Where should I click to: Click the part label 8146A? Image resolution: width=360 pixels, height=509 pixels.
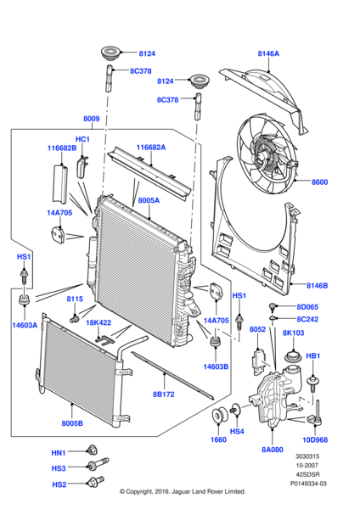pos(268,53)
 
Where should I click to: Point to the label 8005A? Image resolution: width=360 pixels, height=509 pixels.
pos(149,201)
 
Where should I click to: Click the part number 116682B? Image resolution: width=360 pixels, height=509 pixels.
pos(62,148)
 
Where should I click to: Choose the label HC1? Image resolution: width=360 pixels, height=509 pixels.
pos(82,139)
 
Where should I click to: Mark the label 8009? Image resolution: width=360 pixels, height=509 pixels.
pos(92,120)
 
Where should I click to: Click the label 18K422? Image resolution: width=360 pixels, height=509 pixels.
pos(98,322)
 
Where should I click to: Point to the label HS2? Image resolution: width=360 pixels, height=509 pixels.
pos(59,484)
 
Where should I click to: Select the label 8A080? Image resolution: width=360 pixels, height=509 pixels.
pos(273,450)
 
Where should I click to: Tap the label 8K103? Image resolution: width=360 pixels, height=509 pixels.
pos(293,333)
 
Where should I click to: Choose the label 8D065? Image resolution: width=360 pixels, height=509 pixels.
pos(306,306)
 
